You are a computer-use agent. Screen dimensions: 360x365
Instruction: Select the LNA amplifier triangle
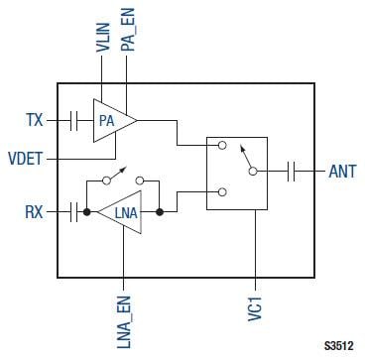[x=123, y=211]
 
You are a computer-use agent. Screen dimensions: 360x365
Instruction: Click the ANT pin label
[x=341, y=171]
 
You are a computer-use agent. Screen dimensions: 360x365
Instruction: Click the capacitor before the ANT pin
[x=294, y=171]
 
